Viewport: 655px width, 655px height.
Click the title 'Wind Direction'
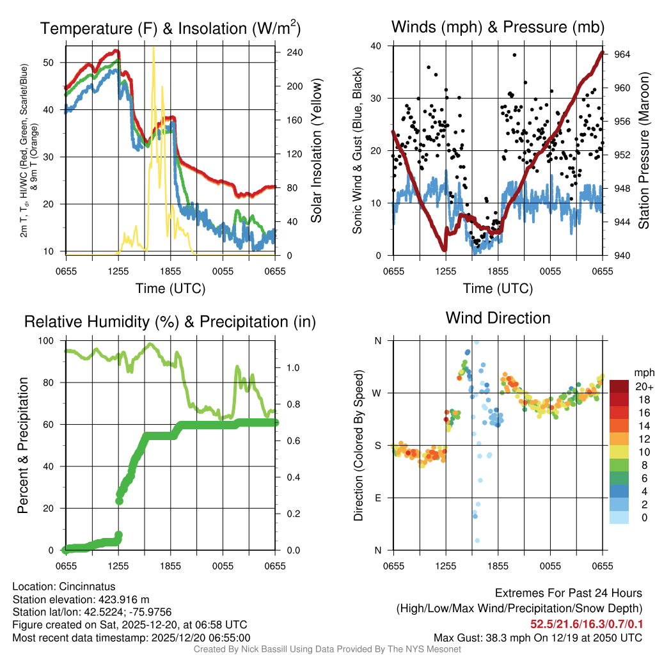click(498, 318)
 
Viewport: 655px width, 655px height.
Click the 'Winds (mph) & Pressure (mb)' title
click(498, 27)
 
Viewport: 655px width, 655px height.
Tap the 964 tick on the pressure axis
click(622, 54)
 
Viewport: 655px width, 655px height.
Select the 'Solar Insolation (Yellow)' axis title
click(316, 150)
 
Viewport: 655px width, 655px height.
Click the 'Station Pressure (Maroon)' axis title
click(643, 150)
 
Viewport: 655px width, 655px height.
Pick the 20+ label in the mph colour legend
click(644, 387)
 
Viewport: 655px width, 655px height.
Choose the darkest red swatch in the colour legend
click(619, 386)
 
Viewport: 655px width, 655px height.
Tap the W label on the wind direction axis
click(378, 393)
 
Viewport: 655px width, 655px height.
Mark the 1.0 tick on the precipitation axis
click(293, 368)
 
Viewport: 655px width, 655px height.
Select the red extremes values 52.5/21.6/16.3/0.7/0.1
click(586, 623)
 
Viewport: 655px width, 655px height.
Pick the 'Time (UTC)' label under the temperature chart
click(170, 288)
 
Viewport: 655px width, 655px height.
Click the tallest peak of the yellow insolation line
click(153, 49)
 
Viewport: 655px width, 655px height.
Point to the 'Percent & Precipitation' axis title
click(23, 445)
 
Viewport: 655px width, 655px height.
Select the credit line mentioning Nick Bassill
click(327, 649)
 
